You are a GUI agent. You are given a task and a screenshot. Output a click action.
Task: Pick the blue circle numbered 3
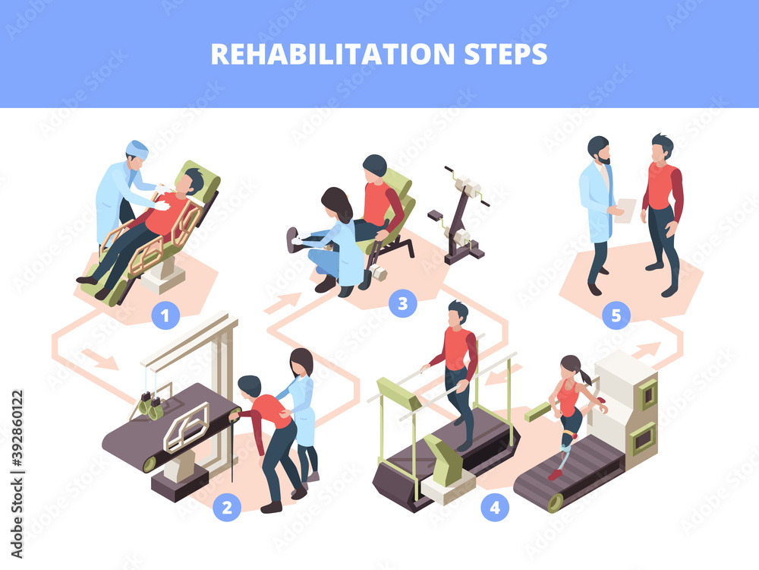(403, 303)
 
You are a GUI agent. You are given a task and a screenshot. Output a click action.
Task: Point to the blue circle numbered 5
(616, 315)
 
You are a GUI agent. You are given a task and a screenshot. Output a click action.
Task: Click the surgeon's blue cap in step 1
(137, 147)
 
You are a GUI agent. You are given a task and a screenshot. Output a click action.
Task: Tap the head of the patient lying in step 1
(191, 182)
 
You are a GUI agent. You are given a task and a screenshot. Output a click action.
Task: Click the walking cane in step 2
(231, 448)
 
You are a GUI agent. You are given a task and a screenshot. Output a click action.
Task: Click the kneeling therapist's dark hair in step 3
(336, 204)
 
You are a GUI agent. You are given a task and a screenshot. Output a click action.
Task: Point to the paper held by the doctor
(625, 211)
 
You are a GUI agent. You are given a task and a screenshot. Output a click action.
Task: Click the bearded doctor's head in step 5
(598, 148)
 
